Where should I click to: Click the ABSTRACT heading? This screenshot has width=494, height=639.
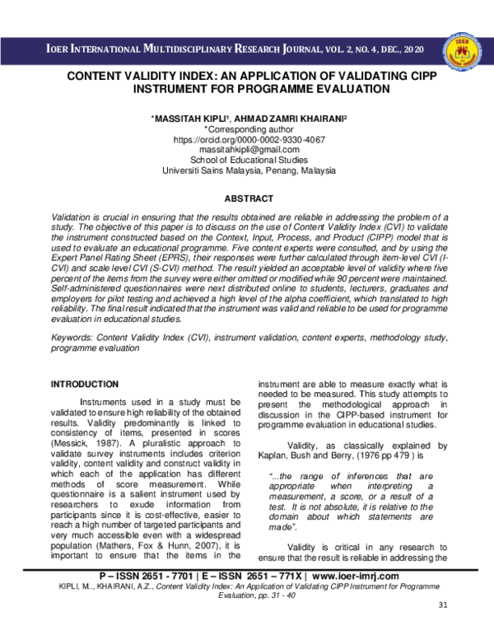248,199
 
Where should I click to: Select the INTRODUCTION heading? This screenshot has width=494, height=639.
85,384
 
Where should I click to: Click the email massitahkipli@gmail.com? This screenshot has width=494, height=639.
248,151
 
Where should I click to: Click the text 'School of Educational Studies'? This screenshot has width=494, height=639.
248,161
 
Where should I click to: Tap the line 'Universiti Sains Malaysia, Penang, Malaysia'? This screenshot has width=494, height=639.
248,171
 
